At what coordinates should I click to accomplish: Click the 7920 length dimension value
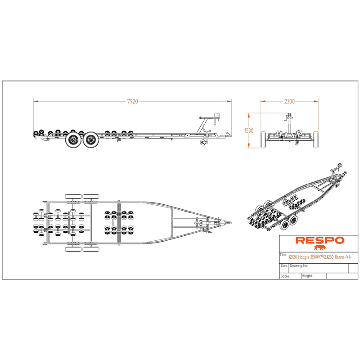[132, 101]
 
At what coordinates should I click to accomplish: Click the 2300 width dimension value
[289, 101]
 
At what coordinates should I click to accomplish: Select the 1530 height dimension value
[249, 130]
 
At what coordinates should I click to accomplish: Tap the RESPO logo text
[320, 240]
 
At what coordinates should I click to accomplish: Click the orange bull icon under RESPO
[320, 248]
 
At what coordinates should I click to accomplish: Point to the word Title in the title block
[283, 255]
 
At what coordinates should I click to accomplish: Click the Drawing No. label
[299, 265]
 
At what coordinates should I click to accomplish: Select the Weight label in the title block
[307, 276]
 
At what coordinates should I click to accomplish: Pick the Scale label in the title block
[285, 276]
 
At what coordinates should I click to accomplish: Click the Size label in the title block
[284, 265]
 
